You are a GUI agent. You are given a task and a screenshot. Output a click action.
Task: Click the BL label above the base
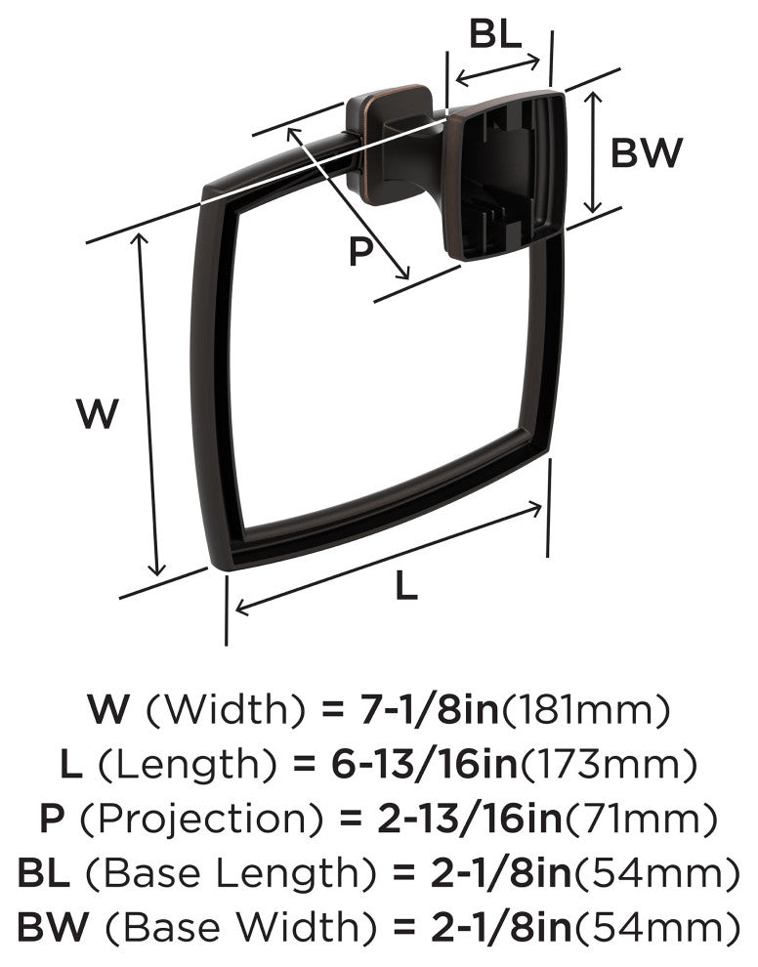pyautogui.click(x=495, y=33)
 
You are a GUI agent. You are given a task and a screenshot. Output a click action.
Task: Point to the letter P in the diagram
pyautogui.click(x=360, y=251)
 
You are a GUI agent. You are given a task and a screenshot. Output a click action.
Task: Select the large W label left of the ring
pyautogui.click(x=98, y=413)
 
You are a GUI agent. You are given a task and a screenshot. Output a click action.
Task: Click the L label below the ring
pyautogui.click(x=405, y=585)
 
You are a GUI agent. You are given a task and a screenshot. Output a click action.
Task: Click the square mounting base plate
pyautogui.click(x=504, y=175)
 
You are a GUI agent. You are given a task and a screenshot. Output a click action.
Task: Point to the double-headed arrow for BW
pyautogui.click(x=593, y=151)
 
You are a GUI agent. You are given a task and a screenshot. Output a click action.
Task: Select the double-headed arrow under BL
pyautogui.click(x=498, y=70)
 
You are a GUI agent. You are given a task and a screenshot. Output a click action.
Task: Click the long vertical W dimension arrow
pyautogui.click(x=149, y=404)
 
